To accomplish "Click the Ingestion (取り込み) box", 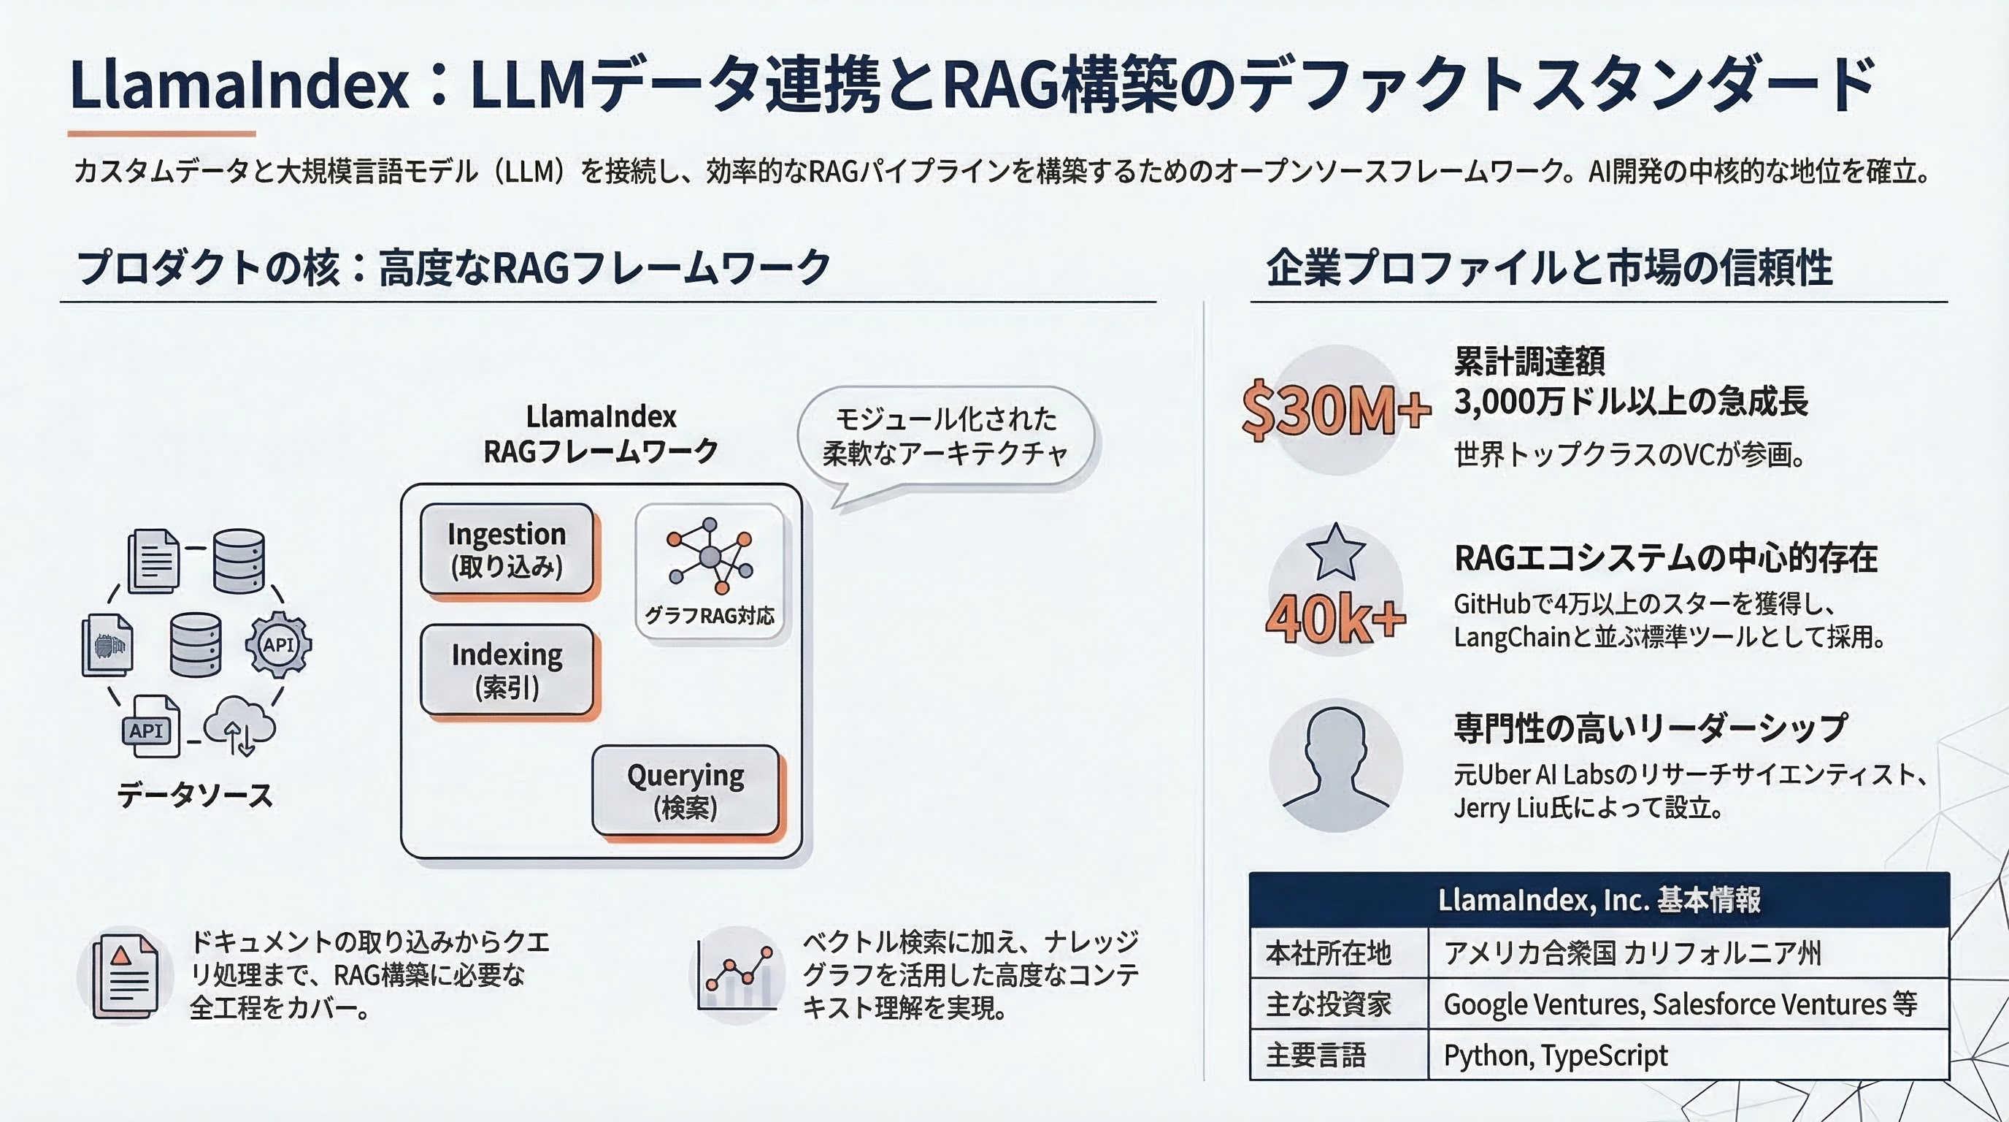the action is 507,549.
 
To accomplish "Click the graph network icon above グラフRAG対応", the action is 710,556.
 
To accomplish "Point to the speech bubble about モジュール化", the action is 945,441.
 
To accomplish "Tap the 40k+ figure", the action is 1335,619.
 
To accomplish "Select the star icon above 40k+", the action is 1335,552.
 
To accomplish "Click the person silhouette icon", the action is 1335,765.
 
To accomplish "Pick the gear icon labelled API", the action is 278,644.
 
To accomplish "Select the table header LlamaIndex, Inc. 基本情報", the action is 1599,900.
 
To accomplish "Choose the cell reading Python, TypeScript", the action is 1689,1055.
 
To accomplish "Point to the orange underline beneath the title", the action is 161,134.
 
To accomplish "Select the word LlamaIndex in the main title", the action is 239,84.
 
